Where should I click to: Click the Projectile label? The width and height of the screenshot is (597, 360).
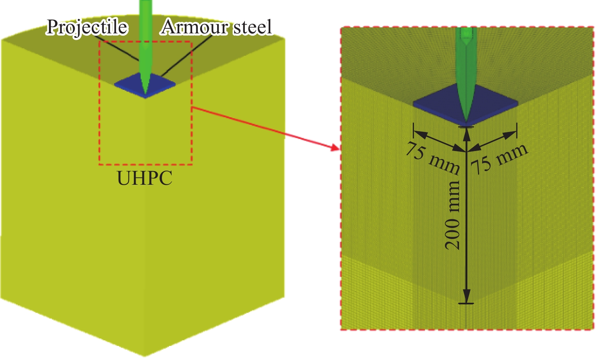pos(87,27)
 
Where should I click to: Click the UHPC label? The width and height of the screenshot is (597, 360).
pos(144,178)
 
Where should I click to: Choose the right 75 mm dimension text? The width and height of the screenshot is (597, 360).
pos(500,159)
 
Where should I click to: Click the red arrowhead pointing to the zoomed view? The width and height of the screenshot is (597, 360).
pos(335,148)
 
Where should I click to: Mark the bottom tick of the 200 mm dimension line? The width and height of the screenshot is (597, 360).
pos(466,303)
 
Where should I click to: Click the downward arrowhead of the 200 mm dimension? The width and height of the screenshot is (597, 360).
pos(466,296)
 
